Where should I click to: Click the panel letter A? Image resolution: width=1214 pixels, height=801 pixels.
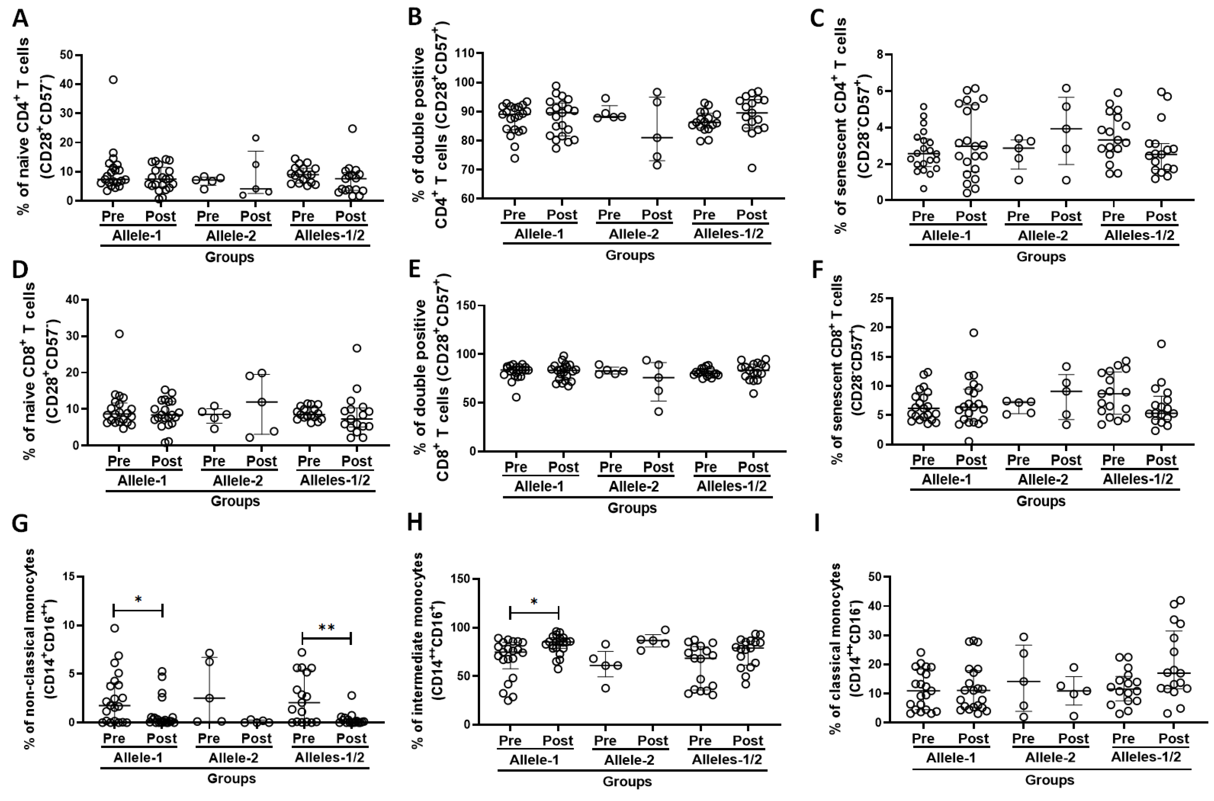(20, 19)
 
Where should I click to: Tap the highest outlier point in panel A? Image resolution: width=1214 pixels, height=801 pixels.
(113, 80)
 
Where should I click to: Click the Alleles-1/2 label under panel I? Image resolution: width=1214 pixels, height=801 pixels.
(1146, 757)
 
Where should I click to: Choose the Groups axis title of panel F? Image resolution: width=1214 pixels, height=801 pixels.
(1041, 501)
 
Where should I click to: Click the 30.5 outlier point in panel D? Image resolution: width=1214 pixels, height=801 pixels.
(119, 334)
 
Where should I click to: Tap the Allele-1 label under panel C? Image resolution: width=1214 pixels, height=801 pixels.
(946, 235)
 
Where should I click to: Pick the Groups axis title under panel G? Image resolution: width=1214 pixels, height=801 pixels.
(231, 778)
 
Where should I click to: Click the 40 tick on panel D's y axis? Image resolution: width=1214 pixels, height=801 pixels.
(73, 299)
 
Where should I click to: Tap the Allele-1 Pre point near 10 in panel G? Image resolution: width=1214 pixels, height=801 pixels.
(115, 628)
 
